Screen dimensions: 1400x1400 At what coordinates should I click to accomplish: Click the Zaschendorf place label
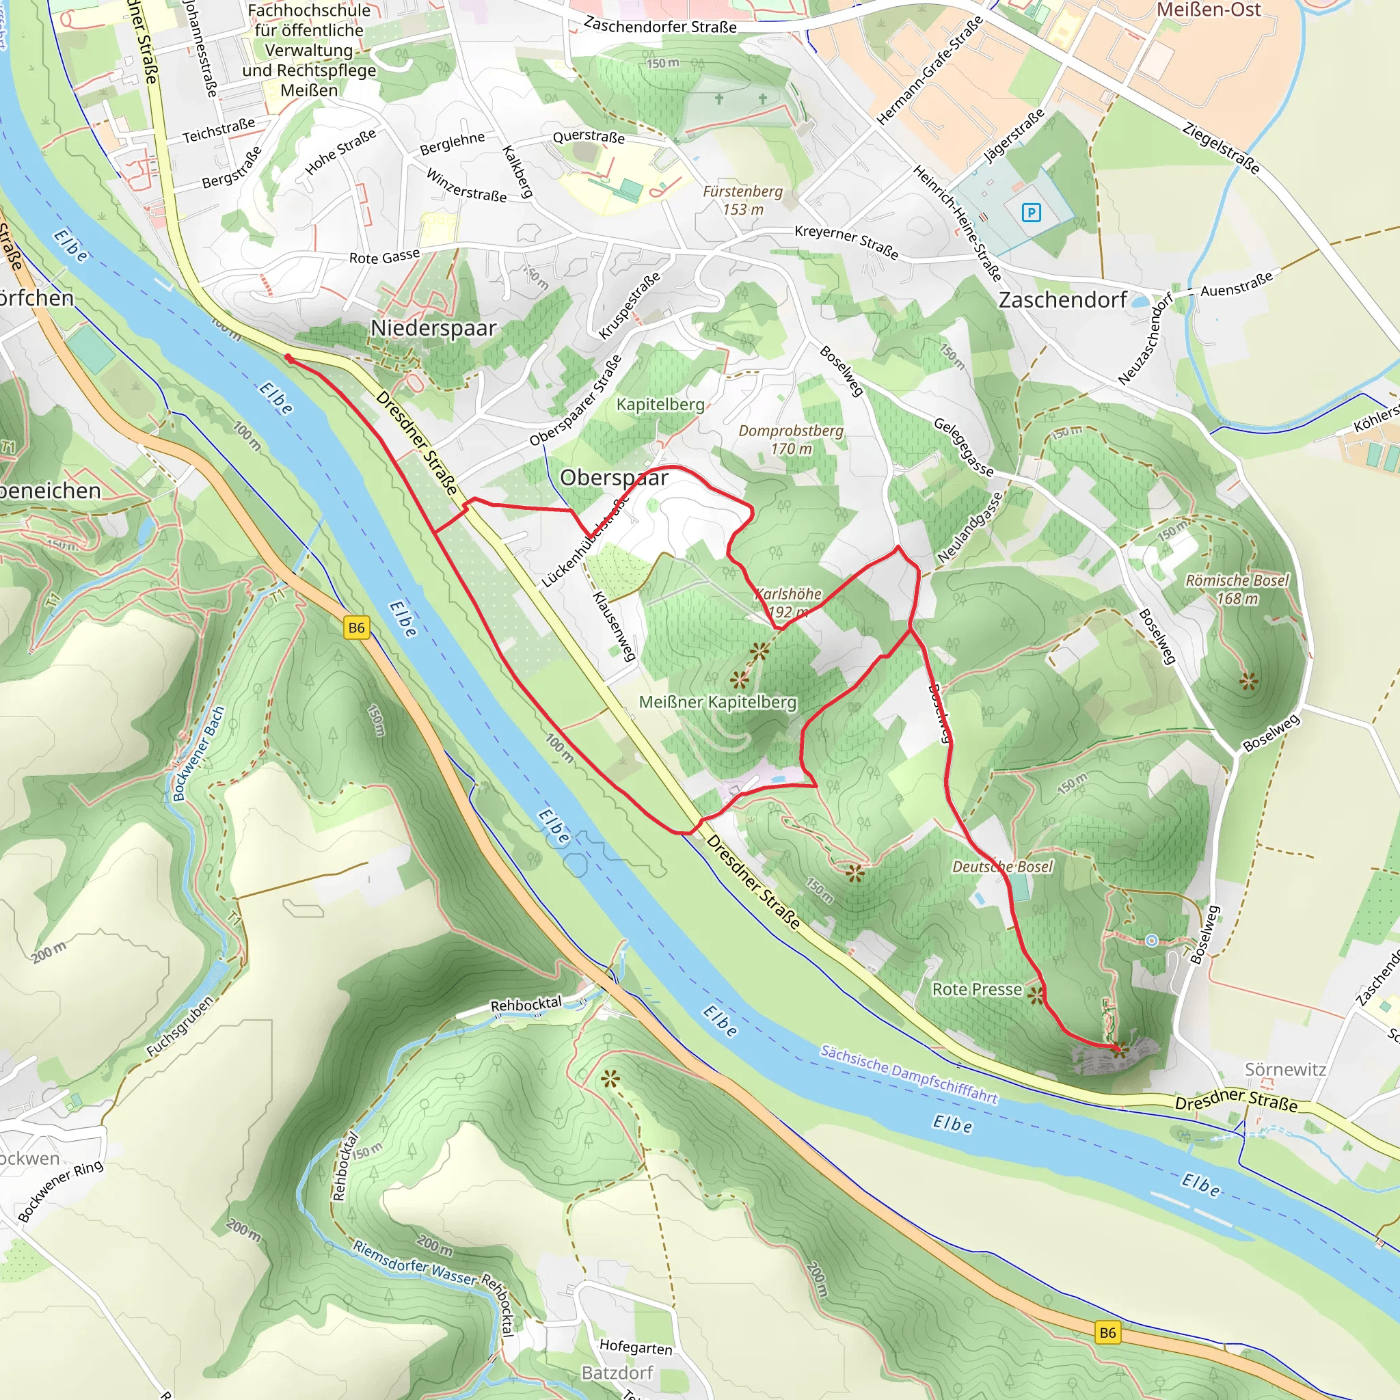point(1062,300)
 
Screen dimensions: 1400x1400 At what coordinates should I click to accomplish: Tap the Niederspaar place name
point(433,328)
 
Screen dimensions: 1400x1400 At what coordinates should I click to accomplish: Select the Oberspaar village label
point(614,478)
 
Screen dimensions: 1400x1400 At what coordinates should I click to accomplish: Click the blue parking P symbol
point(1030,213)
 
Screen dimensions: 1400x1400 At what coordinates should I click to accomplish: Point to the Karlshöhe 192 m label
point(788,602)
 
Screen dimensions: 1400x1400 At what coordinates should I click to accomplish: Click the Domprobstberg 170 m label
point(791,439)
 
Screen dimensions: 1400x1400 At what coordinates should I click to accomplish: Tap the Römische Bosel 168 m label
point(1237,589)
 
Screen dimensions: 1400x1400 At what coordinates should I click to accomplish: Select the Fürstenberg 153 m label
point(743,200)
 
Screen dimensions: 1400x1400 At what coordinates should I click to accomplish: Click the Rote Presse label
point(976,989)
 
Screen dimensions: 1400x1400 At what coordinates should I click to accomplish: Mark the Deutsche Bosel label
point(1002,867)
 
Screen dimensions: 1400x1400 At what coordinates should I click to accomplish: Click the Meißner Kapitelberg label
point(717,701)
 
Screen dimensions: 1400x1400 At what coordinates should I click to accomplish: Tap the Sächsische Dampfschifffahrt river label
point(908,1074)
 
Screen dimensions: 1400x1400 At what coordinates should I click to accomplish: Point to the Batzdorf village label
point(617,1373)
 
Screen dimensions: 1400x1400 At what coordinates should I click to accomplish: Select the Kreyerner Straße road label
point(846,242)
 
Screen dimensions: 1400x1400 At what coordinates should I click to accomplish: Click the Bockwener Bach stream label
point(198,753)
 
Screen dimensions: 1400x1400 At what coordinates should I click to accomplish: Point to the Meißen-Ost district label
point(1208,10)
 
